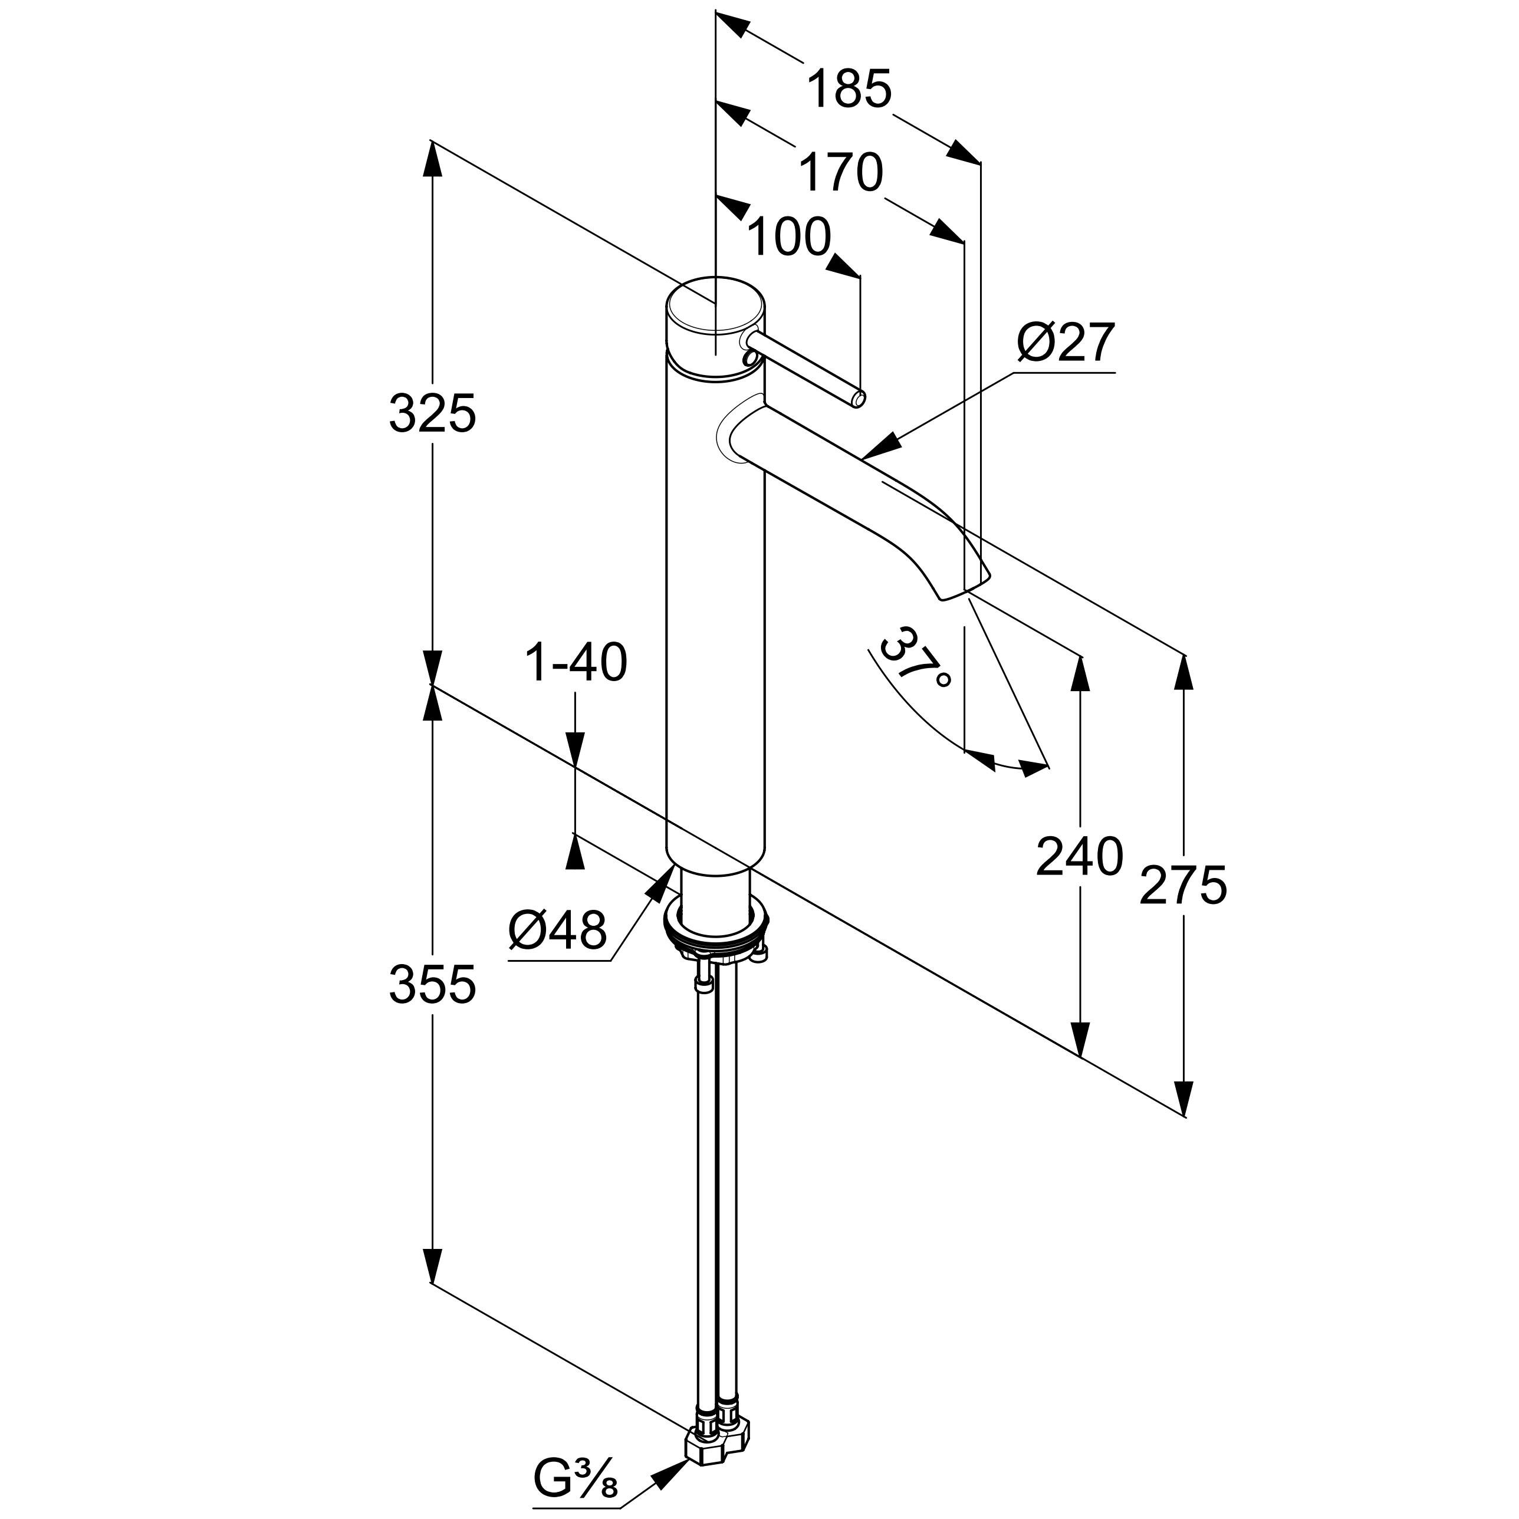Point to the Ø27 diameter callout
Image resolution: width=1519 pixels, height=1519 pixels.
pyautogui.click(x=1066, y=342)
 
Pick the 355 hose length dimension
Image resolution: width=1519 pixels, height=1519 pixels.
pyautogui.click(x=432, y=984)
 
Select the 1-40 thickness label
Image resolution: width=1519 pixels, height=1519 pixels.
pyautogui.click(x=576, y=662)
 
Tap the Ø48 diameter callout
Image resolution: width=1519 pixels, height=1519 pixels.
pyautogui.click(x=557, y=930)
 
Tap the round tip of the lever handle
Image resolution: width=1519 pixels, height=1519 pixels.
pyautogui.click(x=859, y=399)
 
